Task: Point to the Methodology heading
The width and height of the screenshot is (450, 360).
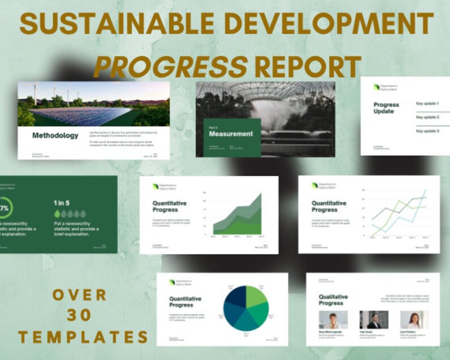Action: [55, 135]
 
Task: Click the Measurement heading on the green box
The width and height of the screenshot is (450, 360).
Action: [231, 134]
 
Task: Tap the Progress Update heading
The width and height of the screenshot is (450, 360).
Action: [386, 108]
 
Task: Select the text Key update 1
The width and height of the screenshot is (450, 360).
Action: [427, 104]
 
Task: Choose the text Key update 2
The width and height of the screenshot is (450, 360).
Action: [427, 117]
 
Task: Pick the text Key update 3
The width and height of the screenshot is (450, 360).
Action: [427, 131]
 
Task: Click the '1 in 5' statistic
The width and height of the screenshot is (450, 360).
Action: [62, 202]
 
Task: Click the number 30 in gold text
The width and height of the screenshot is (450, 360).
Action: [79, 315]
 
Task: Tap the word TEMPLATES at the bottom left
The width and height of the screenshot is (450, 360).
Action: [83, 337]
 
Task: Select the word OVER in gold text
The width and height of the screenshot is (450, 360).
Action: [79, 294]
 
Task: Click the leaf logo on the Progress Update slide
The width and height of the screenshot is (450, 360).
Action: [377, 87]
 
